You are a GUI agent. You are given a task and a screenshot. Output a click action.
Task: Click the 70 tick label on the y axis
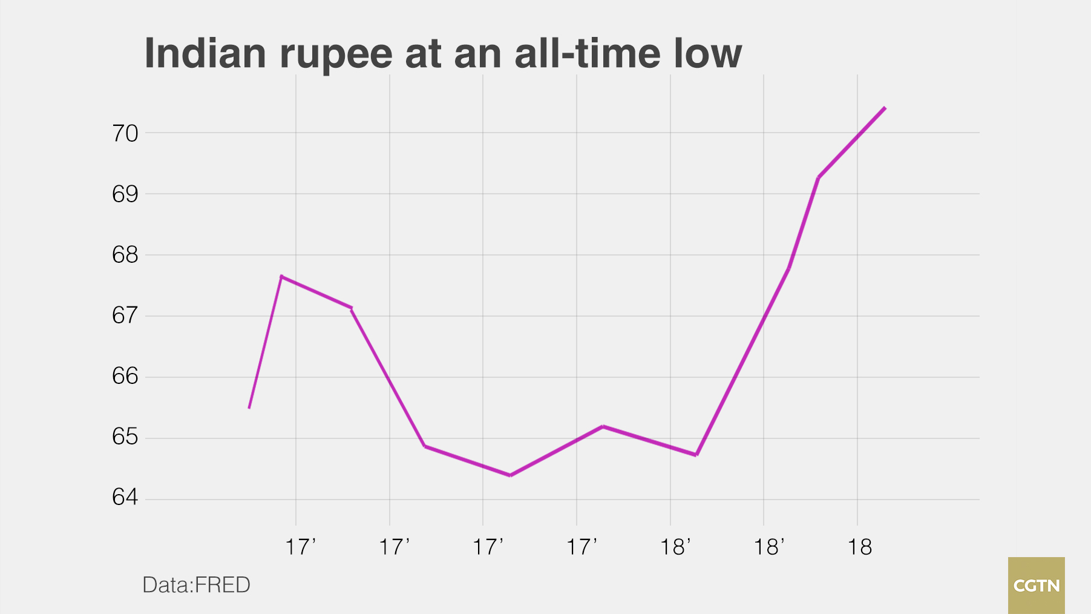point(125,133)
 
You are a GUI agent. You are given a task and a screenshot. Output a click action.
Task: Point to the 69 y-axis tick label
point(125,194)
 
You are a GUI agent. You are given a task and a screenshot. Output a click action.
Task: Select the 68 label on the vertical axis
point(125,255)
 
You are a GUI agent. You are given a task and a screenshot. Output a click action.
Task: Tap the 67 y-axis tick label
point(125,315)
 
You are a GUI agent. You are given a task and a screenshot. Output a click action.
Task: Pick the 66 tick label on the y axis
point(125,376)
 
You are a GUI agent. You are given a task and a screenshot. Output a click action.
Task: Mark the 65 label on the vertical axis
point(125,437)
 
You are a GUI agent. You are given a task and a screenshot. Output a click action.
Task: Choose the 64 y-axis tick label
point(125,497)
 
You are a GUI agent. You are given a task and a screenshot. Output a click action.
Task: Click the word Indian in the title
point(205,53)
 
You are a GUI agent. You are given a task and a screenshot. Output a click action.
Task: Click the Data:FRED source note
point(196,585)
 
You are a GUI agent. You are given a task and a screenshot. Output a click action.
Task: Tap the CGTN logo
point(1036,586)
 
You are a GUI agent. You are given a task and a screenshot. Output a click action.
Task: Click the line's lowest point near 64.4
point(511,475)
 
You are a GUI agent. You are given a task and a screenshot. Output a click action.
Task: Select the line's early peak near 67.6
point(281,277)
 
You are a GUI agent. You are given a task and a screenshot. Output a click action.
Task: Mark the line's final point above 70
point(885,108)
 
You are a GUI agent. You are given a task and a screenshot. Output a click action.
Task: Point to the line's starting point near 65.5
point(249,408)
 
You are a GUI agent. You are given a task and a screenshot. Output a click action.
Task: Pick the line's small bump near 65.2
point(603,426)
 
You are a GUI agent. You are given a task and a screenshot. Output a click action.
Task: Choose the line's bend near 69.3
point(819,177)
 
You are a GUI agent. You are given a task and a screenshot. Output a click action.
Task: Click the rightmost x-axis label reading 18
point(859,547)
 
